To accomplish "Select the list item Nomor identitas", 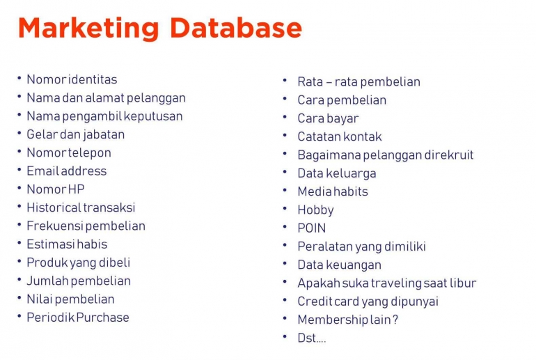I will click(x=72, y=79).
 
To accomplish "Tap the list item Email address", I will click(x=66, y=171).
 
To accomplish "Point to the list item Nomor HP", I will click(x=55, y=189).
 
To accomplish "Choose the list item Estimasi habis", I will click(x=67, y=244).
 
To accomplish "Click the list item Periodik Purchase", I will click(x=77, y=317).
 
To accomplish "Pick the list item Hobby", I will click(x=315, y=210).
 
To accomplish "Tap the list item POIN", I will click(x=311, y=228).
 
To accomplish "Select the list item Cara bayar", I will click(x=328, y=118).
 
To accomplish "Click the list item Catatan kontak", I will click(x=339, y=136).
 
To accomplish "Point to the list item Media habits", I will click(x=332, y=191).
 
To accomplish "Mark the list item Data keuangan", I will click(x=339, y=265).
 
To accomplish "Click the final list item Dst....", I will click(x=311, y=338).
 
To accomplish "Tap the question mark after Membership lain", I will click(x=395, y=320).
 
